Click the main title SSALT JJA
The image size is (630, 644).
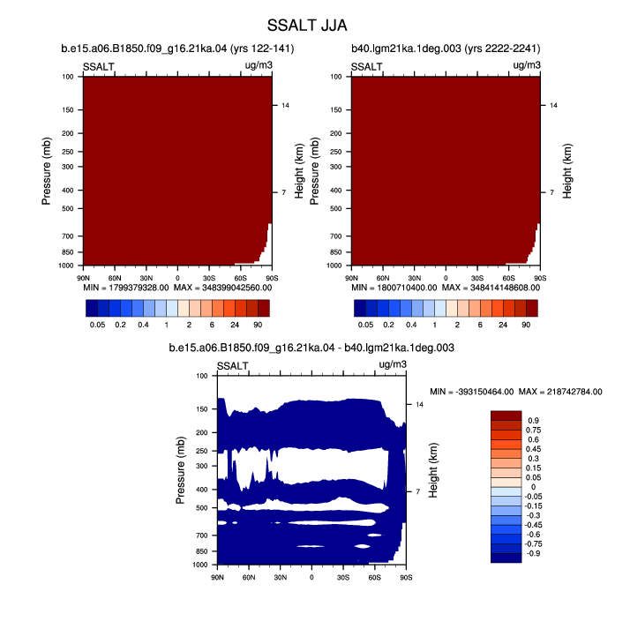coord(307,26)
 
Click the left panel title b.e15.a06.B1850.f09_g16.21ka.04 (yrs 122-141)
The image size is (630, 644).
coord(177,49)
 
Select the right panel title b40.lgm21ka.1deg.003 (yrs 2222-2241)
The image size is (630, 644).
coord(446,49)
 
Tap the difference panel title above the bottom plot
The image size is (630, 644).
coord(311,348)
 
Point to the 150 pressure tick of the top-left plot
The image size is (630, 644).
coord(68,109)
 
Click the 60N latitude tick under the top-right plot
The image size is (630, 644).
coord(383,278)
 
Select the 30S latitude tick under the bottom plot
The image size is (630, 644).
coord(343,578)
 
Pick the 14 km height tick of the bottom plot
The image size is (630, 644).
coord(419,405)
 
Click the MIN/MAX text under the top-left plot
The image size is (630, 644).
coord(177,288)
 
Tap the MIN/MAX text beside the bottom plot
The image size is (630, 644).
coord(516,392)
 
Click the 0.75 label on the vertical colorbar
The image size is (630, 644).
coord(533,430)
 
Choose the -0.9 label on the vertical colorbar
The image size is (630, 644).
coord(533,553)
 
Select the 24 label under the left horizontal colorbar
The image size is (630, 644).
coord(235,325)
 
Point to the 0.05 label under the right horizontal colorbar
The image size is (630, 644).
coord(365,325)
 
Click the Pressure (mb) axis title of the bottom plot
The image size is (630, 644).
coord(180,470)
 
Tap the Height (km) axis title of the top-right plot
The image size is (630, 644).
coord(567,171)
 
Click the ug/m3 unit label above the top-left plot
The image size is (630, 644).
coord(259,65)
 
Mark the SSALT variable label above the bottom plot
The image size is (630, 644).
coord(232,366)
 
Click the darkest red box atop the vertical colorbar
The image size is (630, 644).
coord(506,416)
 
